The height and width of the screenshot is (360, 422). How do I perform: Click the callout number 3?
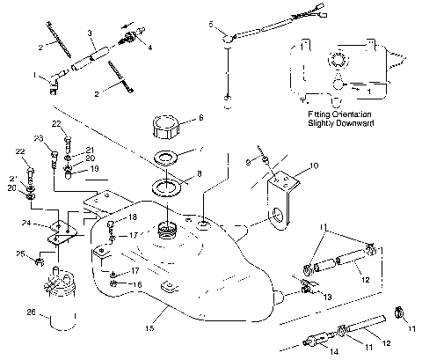click(91, 33)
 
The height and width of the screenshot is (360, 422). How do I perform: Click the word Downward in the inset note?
click(361, 124)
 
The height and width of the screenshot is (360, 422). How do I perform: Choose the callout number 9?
click(248, 162)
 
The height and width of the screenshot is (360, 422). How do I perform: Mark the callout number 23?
click(39, 139)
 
